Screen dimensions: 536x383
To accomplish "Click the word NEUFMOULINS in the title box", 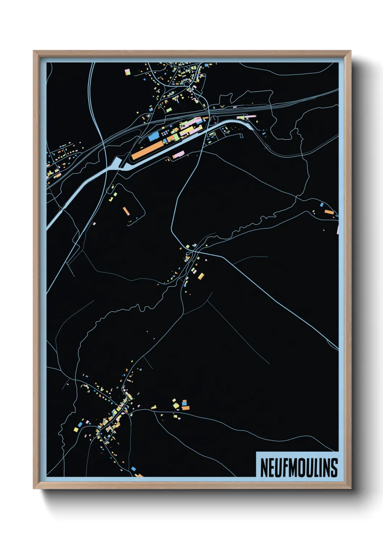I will coord(299,468).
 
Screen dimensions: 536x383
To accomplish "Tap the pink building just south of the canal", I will coord(178,155).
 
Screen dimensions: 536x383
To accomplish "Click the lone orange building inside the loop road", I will coord(126,211).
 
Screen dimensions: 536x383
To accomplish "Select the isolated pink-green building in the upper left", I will coord(127,72).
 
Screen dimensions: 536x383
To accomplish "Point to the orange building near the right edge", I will coord(329,212).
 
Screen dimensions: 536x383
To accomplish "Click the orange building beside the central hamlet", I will coord(200,276).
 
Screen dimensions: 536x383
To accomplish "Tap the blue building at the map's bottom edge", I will coord(133,469).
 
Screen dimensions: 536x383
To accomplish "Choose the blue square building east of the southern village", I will coord(184,403).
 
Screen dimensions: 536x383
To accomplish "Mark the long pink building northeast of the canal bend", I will coord(246,117).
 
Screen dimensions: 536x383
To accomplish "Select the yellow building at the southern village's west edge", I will coord(76,430).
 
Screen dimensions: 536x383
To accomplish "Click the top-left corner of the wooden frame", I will coord(34,51).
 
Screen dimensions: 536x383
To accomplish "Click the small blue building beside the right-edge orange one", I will coord(321,205).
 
